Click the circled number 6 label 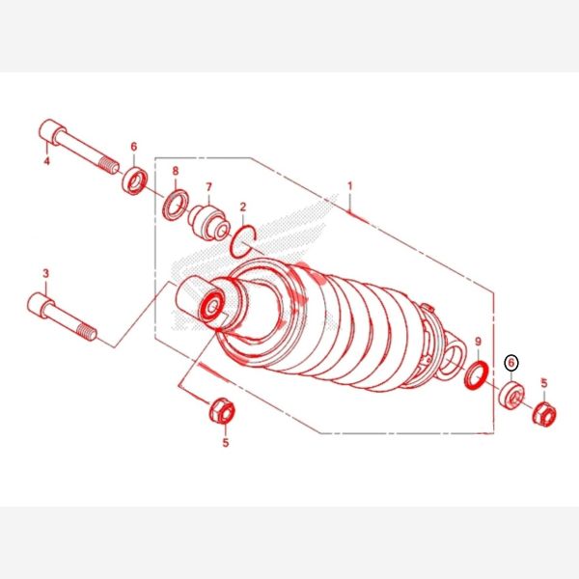[x=511, y=363]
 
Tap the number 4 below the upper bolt [x=47, y=161]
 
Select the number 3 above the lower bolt [x=45, y=274]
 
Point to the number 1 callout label [x=350, y=186]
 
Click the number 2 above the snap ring [x=242, y=207]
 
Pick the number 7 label [x=209, y=187]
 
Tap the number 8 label [x=176, y=171]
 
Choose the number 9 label [x=479, y=342]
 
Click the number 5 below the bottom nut [x=226, y=442]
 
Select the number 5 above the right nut [x=544, y=383]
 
